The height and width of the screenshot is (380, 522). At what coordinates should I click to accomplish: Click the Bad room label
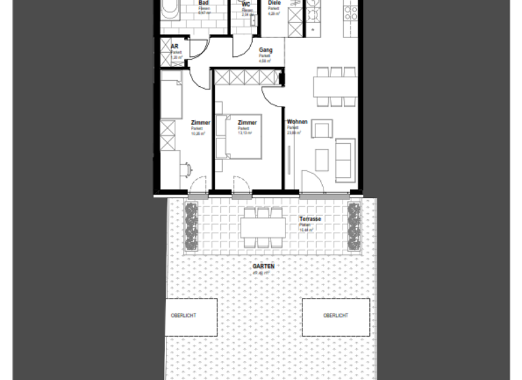point(203,3)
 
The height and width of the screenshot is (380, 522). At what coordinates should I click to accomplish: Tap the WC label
point(246,5)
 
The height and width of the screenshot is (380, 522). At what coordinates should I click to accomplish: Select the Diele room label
point(274,3)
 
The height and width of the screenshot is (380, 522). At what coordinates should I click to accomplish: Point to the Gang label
point(265,50)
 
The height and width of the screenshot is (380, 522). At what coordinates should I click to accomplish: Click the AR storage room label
point(175,46)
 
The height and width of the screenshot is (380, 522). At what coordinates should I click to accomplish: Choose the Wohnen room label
point(297,122)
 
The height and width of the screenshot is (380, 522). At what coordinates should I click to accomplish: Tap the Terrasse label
point(310,220)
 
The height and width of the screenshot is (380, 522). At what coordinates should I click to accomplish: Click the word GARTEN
point(264,267)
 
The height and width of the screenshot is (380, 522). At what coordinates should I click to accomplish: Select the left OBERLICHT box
point(192,316)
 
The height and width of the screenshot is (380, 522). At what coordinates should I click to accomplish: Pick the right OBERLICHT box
point(336,316)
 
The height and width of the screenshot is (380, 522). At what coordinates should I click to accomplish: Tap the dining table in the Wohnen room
point(335,88)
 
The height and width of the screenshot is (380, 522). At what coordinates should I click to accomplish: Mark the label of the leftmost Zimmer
point(201,122)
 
